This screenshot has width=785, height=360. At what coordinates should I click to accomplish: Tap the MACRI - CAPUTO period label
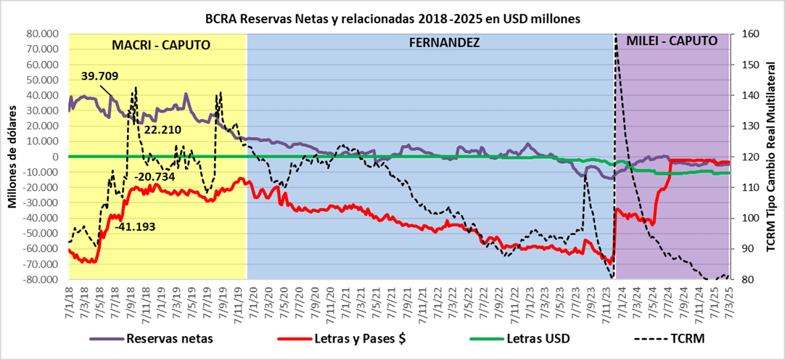pyautogui.click(x=161, y=45)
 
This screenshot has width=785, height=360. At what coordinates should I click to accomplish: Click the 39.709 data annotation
pyautogui.click(x=99, y=75)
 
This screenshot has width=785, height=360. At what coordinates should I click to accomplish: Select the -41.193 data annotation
pyautogui.click(x=136, y=228)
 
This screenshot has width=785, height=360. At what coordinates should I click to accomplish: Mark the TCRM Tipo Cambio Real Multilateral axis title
pyautogui.click(x=770, y=157)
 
